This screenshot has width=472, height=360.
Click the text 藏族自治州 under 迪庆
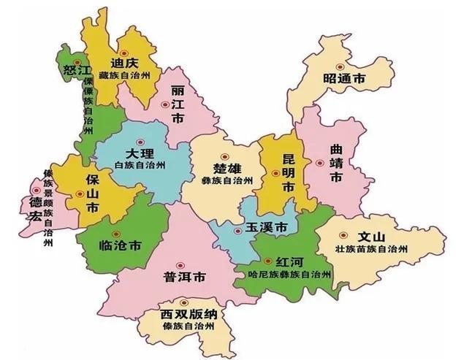[124, 75]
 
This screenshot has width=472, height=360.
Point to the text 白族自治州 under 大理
[140, 166]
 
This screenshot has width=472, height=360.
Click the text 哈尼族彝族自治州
[285, 275]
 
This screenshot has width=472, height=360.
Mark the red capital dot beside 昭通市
[315, 61]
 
